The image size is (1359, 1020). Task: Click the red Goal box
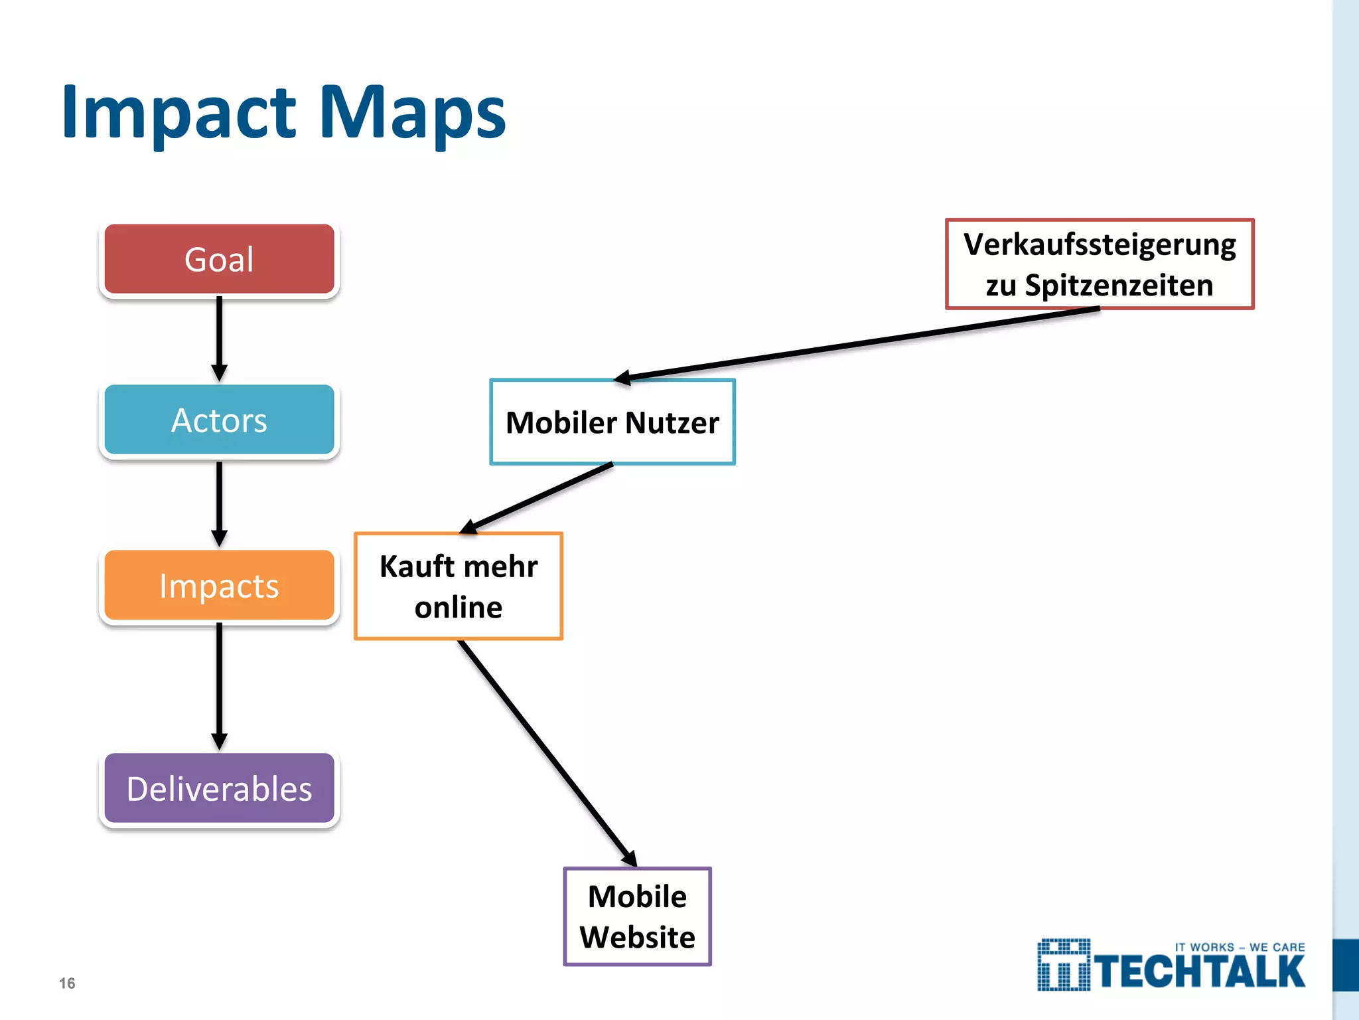coord(219,259)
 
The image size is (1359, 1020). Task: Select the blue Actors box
coord(219,420)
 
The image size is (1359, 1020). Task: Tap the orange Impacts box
coord(219,586)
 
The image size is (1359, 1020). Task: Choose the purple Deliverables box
coord(219,789)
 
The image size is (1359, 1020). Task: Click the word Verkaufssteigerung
coord(1100,244)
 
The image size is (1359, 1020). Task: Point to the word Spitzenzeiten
coord(1119,286)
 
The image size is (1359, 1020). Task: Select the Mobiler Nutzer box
coord(612,422)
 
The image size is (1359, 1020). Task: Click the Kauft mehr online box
coord(459,586)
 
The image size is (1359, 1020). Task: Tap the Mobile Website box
coord(637,916)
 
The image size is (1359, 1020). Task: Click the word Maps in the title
coord(412,113)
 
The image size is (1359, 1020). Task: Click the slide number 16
coord(67,983)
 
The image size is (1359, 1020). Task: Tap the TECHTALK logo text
coord(1200,973)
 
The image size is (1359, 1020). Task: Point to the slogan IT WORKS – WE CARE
coord(1240,948)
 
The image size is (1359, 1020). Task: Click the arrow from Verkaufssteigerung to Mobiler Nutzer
coord(856,344)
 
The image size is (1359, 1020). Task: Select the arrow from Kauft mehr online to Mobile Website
coord(547,753)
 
